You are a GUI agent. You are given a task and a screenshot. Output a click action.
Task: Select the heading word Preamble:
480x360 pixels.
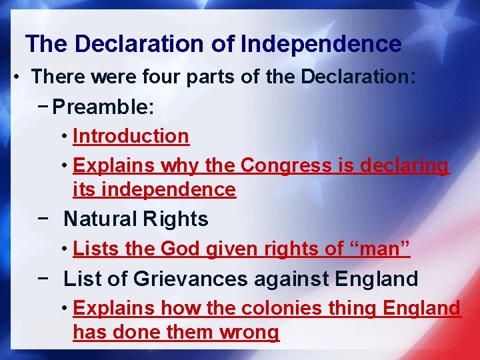(x=107, y=106)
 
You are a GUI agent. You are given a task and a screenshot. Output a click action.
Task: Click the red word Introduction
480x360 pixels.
(x=131, y=136)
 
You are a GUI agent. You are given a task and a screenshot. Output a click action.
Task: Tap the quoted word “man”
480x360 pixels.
(x=380, y=249)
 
